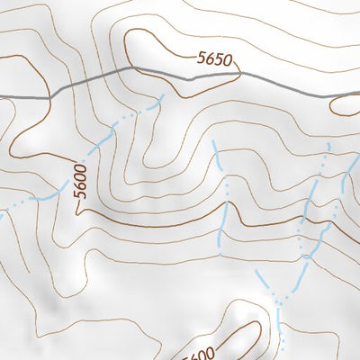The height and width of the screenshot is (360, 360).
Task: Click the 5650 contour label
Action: [x=214, y=60]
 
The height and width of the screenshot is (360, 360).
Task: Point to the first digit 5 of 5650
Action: [x=201, y=58]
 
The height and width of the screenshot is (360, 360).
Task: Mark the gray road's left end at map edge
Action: [x=2, y=95]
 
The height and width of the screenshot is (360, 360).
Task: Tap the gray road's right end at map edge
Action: [x=357, y=93]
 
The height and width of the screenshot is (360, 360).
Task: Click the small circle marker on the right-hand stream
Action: [x=305, y=256]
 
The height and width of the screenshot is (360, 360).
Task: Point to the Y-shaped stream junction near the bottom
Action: [x=280, y=302]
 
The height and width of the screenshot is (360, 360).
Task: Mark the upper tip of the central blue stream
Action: [x=213, y=141]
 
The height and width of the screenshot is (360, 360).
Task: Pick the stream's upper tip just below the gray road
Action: [x=162, y=96]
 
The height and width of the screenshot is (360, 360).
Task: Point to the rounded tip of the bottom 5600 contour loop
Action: [x=247, y=305]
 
